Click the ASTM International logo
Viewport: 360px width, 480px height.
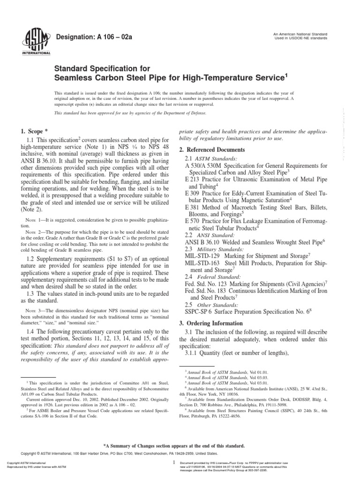(29, 42)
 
